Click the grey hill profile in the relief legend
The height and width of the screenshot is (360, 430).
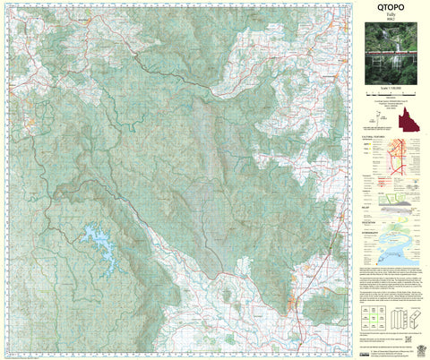[399, 209]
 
